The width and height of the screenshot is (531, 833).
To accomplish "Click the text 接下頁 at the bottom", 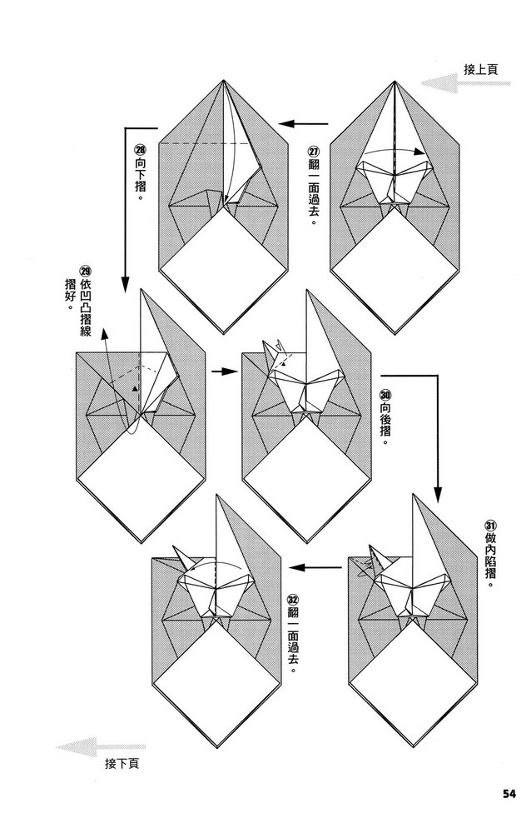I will [122, 763].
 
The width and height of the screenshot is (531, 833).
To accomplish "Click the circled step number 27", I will [313, 152].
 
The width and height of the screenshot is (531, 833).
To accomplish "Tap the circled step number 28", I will [140, 151].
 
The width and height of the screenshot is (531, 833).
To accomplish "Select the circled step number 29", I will [85, 272].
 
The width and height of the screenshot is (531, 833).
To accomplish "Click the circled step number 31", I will [490, 526].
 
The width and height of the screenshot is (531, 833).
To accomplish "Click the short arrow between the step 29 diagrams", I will [220, 372].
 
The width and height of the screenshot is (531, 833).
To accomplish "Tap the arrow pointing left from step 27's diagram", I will [304, 125].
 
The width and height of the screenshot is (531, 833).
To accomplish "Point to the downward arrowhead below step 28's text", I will [124, 282].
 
